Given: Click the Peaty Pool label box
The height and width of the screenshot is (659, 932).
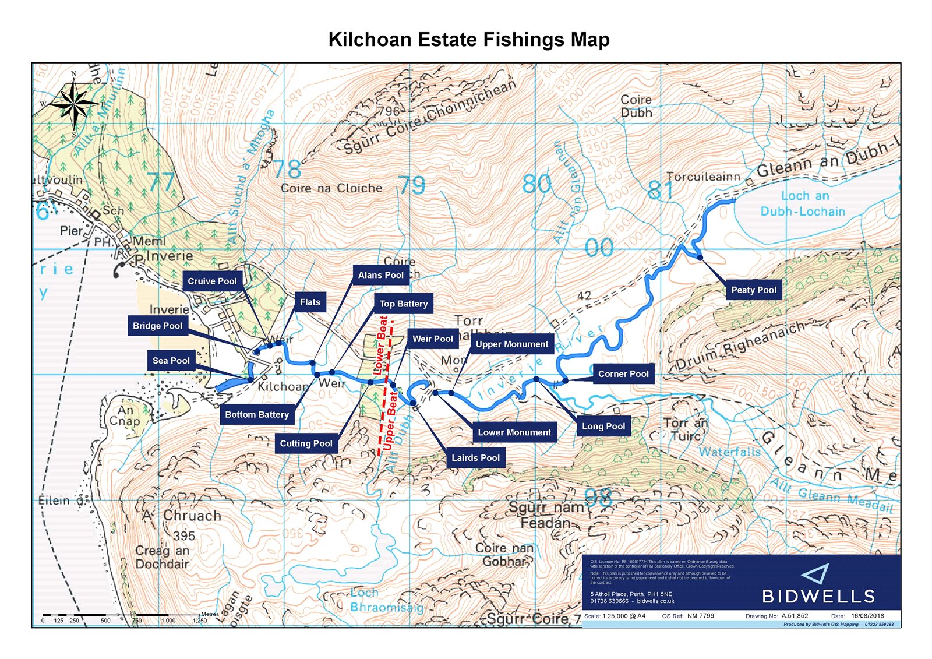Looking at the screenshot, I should [x=754, y=290].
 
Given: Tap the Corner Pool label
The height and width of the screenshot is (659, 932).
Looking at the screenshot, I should [x=623, y=373].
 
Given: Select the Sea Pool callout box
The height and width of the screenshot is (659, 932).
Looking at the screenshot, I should [x=171, y=361].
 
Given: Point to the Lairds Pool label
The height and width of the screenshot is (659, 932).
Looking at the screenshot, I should [x=475, y=457].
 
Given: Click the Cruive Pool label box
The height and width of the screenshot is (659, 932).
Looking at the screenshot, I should [x=212, y=281].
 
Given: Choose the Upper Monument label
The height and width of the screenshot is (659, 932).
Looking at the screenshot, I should [x=511, y=344].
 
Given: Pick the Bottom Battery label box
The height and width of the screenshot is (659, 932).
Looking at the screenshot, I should [x=257, y=414].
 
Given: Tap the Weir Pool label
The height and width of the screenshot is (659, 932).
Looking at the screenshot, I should [x=432, y=339].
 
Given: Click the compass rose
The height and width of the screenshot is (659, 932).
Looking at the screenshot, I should [x=74, y=104].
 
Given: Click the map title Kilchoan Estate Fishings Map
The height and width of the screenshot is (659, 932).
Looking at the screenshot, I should [x=469, y=40].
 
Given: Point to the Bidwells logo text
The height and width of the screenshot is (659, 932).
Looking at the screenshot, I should [x=818, y=596].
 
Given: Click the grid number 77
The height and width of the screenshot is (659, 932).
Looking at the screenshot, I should [x=161, y=182].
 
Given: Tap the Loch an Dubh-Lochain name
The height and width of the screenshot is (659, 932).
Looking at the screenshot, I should [x=803, y=204].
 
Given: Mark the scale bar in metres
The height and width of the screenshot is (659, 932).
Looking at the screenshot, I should [x=122, y=615].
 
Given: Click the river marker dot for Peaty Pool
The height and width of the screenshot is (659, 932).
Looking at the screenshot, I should [x=700, y=257].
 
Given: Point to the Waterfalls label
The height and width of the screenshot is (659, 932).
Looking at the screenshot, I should [x=729, y=452].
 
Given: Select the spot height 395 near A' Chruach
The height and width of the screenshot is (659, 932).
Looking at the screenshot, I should [x=184, y=535].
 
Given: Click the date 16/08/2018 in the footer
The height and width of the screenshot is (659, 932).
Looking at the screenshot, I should [x=867, y=615].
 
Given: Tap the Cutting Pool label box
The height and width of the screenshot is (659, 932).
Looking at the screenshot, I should [x=306, y=443].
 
